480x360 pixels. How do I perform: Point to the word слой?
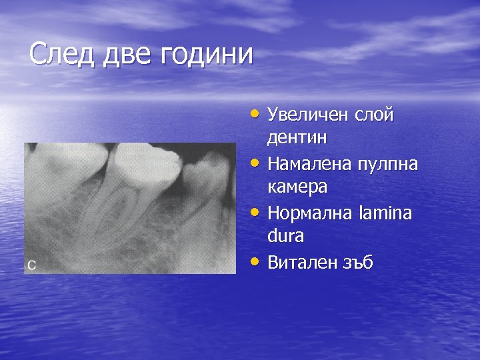pyautogui.click(x=376, y=115)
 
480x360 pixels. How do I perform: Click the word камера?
pyautogui.click(x=297, y=187)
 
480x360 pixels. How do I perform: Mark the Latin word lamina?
pyautogui.click(x=389, y=213)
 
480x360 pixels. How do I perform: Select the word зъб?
pyautogui.click(x=359, y=263)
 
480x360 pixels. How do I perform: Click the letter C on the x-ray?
pyautogui.click(x=31, y=265)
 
